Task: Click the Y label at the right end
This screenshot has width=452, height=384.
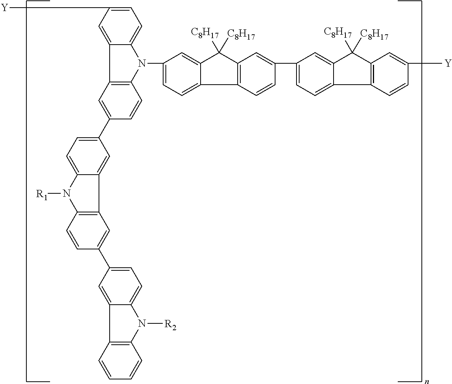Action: point(447,63)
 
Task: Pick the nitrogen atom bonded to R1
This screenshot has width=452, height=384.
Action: point(66,194)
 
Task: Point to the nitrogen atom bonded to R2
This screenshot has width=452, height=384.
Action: point(142,324)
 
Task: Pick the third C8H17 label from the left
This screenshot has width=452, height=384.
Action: point(338,32)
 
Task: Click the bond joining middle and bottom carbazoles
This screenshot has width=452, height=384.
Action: point(104,259)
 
